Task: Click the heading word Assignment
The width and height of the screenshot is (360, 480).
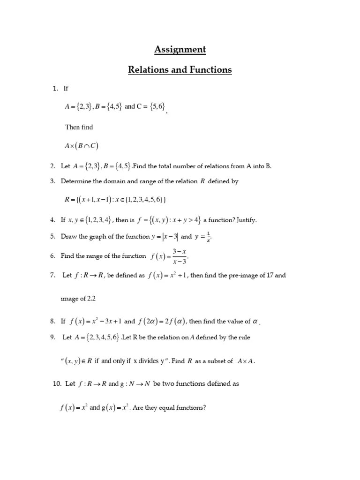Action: click(x=180, y=49)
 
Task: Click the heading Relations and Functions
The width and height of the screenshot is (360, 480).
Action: click(x=180, y=70)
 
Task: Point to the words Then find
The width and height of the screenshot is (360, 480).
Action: click(x=79, y=127)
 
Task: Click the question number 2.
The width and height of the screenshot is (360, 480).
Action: click(x=52, y=166)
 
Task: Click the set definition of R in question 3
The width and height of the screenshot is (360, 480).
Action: click(x=115, y=200)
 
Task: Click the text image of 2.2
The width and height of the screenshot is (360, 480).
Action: click(x=78, y=299)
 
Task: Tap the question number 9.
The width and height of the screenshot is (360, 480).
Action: click(x=52, y=337)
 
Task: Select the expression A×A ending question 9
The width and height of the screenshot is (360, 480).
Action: click(x=246, y=361)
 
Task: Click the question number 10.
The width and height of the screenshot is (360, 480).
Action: click(x=57, y=383)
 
